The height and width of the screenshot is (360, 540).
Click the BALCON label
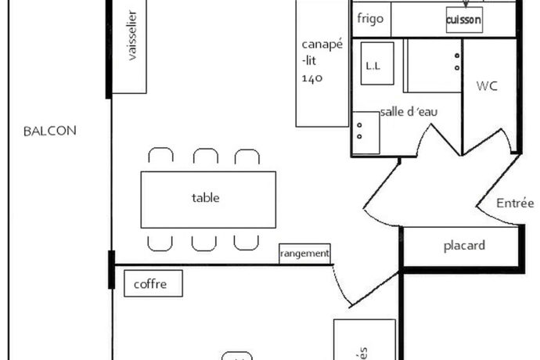click(x=50, y=131)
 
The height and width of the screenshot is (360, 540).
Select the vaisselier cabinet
click(x=130, y=47)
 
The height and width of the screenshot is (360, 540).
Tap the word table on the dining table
click(x=205, y=198)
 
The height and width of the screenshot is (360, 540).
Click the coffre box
click(x=153, y=284)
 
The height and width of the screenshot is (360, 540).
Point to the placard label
click(x=464, y=246)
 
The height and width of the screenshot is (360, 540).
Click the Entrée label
click(x=515, y=203)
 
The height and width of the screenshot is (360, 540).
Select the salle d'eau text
click(x=409, y=112)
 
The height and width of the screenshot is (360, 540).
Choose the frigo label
click(x=369, y=18)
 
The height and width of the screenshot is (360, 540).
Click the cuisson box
click(x=463, y=19)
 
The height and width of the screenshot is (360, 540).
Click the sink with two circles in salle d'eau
click(x=365, y=132)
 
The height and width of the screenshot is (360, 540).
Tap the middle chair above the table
click(x=205, y=157)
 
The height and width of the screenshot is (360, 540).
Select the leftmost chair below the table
click(x=160, y=242)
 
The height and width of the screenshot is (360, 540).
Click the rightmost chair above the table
click(x=247, y=157)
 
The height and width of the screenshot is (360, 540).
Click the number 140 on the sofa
click(x=311, y=78)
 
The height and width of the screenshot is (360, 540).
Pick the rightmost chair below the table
click(x=247, y=242)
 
